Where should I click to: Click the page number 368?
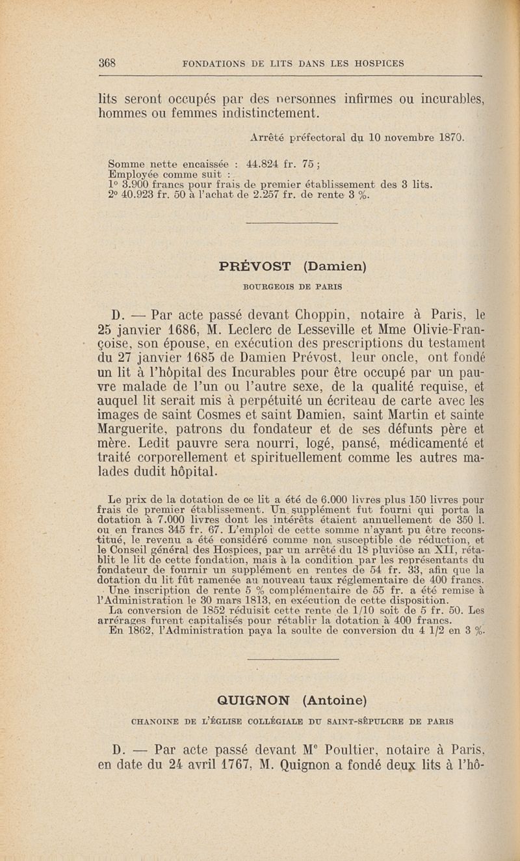107,64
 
